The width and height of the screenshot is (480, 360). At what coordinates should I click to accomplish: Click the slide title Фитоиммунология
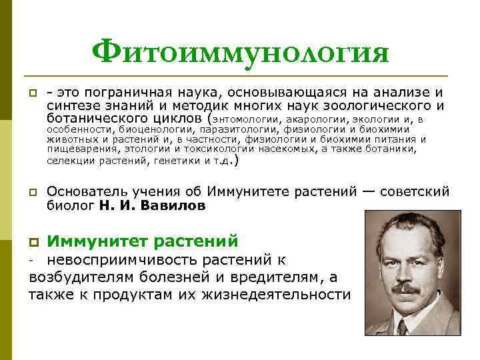coord(240,51)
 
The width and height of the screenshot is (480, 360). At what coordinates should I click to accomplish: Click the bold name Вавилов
coord(174,206)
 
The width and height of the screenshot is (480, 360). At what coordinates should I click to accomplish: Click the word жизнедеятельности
coord(287,294)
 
